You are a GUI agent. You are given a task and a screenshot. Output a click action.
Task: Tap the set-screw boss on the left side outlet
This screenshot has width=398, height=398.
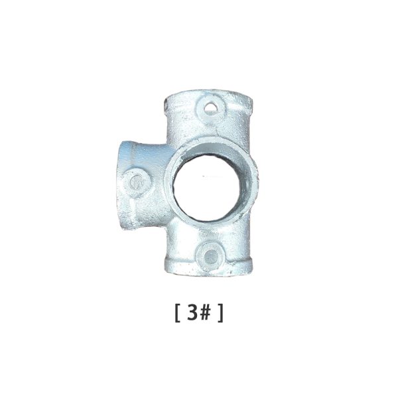click(137, 183)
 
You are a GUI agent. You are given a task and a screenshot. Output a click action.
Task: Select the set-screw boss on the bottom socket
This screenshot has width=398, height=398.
click(210, 255)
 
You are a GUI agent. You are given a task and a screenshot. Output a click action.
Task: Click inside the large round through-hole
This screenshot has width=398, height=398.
click(207, 188)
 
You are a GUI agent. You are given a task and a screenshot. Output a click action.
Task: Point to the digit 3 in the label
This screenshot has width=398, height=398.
click(192, 312)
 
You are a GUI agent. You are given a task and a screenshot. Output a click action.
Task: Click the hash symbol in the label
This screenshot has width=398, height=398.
click(205, 312)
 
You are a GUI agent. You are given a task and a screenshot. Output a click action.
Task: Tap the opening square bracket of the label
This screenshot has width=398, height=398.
click(177, 313)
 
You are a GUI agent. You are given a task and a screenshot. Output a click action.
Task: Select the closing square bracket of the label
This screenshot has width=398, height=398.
click(221, 313)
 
